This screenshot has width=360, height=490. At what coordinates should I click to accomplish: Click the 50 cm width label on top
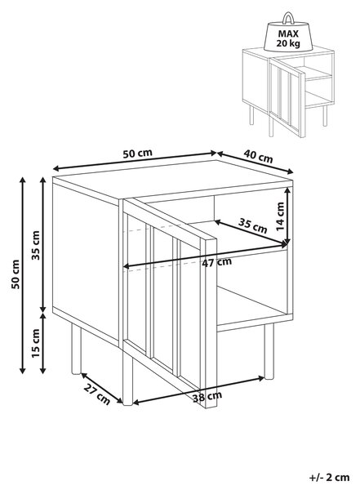click(137, 154)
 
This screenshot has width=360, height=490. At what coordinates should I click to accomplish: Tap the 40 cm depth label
click(258, 156)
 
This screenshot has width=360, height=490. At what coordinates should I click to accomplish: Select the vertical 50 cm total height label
click(15, 274)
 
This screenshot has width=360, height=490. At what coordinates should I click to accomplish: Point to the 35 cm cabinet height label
click(36, 245)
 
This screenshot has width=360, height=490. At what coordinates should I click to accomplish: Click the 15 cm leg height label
click(36, 343)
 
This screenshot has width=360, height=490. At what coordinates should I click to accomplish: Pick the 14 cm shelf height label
click(280, 216)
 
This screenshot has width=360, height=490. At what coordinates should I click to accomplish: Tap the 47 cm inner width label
click(217, 262)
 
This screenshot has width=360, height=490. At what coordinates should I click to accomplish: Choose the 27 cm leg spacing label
click(97, 394)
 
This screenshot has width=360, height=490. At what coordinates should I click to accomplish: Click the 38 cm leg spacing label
click(207, 397)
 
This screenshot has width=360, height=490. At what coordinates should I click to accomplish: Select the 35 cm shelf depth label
click(253, 225)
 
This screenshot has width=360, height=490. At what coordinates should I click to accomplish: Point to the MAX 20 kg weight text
click(288, 38)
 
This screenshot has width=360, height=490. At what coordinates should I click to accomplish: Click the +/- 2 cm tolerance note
click(329, 478)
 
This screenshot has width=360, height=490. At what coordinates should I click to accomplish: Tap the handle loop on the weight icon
click(288, 18)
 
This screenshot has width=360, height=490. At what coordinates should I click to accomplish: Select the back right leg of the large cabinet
click(269, 351)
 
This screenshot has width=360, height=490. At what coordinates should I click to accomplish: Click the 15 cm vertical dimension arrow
click(43, 343)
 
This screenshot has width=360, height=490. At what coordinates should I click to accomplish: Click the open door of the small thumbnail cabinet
click(287, 97)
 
